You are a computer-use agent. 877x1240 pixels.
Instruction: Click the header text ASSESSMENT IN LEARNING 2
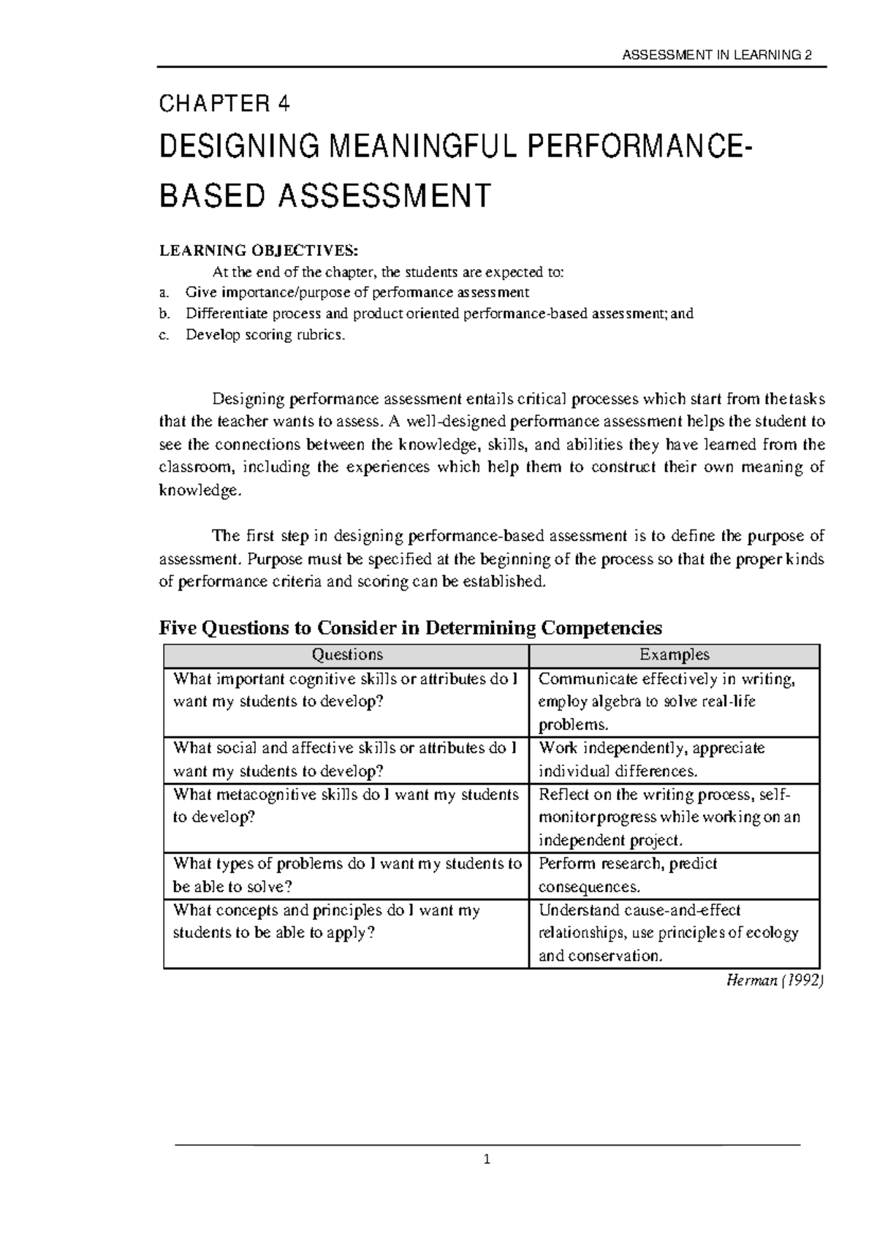click(x=715, y=56)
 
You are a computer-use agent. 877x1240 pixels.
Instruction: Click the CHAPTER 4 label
click(x=224, y=105)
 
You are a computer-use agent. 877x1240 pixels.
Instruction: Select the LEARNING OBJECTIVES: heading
click(x=259, y=251)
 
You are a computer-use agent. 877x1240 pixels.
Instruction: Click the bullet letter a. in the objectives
click(x=164, y=292)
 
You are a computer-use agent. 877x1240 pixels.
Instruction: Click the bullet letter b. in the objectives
click(x=164, y=314)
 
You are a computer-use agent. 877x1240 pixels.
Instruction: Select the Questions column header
click(x=346, y=655)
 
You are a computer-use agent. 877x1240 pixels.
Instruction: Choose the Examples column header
click(x=674, y=655)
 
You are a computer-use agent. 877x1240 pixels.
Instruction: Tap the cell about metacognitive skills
click(x=346, y=806)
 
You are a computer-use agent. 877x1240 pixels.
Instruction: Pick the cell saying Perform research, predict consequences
click(x=628, y=875)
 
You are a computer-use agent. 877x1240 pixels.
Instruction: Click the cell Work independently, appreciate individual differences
click(x=651, y=760)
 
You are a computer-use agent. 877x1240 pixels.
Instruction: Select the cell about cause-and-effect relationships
click(x=668, y=933)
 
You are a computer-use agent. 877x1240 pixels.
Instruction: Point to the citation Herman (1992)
click(x=774, y=981)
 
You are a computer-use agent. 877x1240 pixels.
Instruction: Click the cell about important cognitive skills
click(x=345, y=690)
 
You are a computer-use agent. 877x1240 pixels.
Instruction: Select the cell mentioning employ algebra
click(x=647, y=702)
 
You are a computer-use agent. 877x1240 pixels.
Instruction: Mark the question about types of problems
click(x=347, y=875)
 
